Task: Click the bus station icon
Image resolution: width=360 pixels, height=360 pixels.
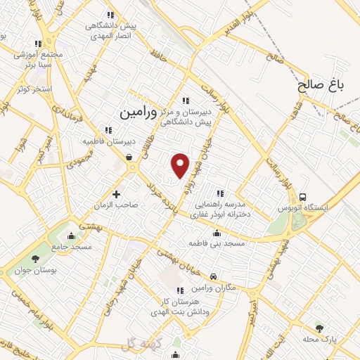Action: (303, 197)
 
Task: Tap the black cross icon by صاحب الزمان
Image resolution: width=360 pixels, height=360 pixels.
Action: (116, 193)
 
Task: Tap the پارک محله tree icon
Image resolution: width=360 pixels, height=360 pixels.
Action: (320, 328)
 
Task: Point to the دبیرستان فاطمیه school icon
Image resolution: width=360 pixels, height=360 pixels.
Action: (108, 129)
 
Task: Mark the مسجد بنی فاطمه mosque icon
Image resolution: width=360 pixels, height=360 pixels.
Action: (216, 233)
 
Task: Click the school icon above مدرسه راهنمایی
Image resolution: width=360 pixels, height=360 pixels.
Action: (220, 193)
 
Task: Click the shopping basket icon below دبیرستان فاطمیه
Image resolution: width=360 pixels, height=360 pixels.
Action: (130, 157)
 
